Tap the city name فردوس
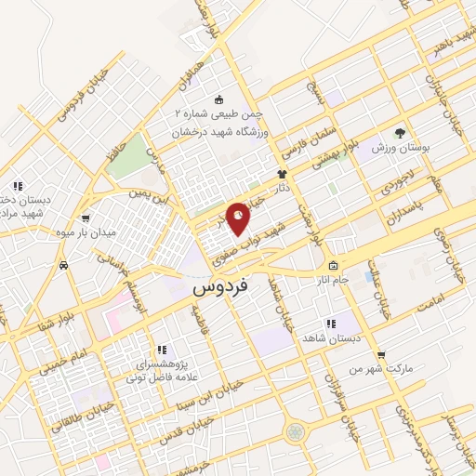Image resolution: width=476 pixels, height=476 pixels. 220,289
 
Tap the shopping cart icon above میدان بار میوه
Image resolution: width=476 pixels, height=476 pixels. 85,218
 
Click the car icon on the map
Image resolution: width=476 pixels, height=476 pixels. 63,266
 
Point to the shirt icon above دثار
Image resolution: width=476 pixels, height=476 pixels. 282,174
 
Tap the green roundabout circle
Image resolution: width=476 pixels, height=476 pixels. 295,432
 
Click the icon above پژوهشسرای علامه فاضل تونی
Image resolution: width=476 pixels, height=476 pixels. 161,349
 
